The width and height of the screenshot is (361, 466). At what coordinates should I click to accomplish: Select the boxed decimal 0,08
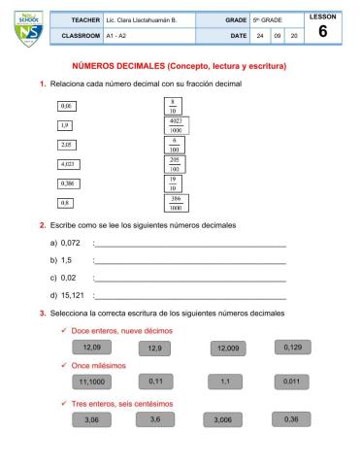click(x=67, y=105)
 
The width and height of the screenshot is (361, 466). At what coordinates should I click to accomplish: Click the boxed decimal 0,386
click(x=69, y=183)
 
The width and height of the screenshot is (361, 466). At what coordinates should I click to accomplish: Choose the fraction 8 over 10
click(x=172, y=106)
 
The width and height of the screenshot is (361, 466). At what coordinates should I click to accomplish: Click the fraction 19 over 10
click(x=173, y=183)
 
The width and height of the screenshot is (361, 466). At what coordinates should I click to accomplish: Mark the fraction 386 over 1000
click(x=176, y=203)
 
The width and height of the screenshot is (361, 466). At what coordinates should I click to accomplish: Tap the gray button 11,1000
click(x=92, y=382)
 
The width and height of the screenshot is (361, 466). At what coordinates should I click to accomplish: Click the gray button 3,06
click(x=92, y=419)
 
